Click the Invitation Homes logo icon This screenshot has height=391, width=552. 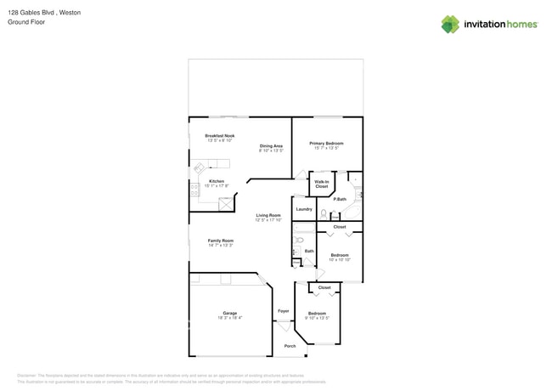pos(450,24)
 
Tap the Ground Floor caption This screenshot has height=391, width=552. pos(26,22)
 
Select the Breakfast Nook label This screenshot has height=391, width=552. pos(220,136)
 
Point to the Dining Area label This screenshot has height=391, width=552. pos(271,146)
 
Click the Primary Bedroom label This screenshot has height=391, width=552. pos(326,144)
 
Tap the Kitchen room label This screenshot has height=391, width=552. pos(217,182)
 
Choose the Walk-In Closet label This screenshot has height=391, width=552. pos(322,184)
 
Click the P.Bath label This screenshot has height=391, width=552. pos(340,199)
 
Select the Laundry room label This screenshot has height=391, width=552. pos(303,209)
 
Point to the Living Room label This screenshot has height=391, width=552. pos(268,216)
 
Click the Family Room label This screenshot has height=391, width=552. pos(221,241)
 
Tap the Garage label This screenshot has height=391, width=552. pos(230,314)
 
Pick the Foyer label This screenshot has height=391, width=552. pos(284,311)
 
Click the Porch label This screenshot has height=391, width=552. pos(290,346)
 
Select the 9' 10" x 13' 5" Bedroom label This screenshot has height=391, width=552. pos(317,314)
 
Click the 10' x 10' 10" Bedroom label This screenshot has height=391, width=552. pos(340,256)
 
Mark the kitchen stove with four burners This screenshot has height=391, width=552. pos(194,191)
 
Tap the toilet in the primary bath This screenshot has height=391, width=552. pos(324,214)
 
